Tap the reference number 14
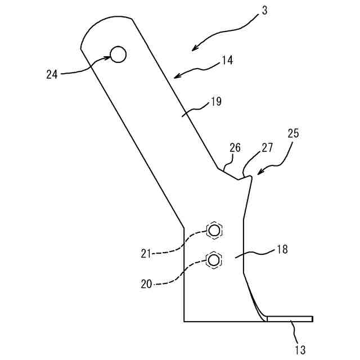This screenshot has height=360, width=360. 227,60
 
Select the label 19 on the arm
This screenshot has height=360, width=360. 215,102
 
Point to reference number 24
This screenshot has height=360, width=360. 52,74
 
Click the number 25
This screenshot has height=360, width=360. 293,133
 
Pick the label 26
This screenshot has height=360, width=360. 235,148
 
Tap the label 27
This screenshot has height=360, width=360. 267,148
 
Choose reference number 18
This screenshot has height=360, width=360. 282,249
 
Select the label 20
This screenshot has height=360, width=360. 146,284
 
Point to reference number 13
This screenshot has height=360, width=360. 300,349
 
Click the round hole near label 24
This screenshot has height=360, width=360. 119,55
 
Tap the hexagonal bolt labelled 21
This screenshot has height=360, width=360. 214,230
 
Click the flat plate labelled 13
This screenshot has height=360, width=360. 289,319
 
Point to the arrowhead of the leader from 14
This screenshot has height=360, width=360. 175,76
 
